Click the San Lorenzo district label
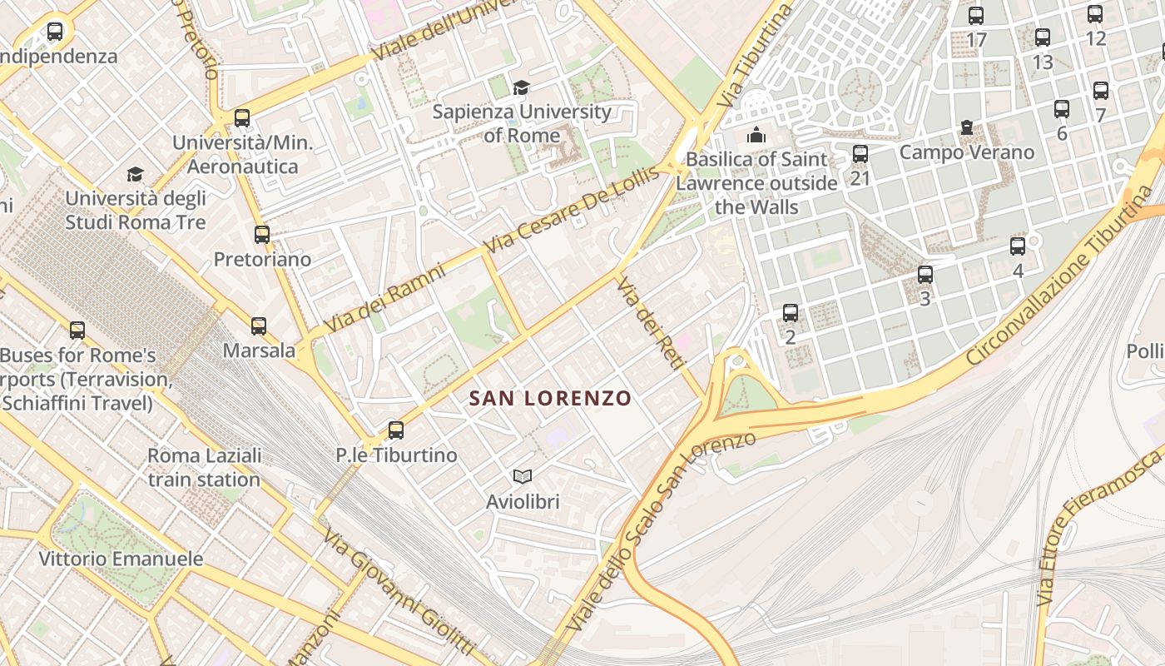pyautogui.click(x=550, y=398)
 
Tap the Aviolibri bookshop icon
pyautogui.click(x=523, y=476)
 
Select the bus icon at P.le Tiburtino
pyautogui.click(x=396, y=430)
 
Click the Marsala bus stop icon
pyautogui.click(x=259, y=326)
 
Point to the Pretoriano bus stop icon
pyautogui.click(x=262, y=235)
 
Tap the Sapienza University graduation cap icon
pyautogui.click(x=521, y=87)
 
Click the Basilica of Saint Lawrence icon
pyautogui.click(x=756, y=135)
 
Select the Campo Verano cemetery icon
pyautogui.click(x=967, y=127)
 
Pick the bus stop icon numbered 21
pyautogui.click(x=860, y=154)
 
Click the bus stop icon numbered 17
pyautogui.click(x=976, y=16)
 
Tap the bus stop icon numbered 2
pyautogui.click(x=791, y=313)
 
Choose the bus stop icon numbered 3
pyautogui.click(x=925, y=275)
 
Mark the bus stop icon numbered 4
pyautogui.click(x=1018, y=246)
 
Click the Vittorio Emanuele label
pyautogui.click(x=121, y=559)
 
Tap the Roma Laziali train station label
pyautogui.click(x=205, y=468)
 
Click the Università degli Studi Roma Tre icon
pyautogui.click(x=135, y=174)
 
